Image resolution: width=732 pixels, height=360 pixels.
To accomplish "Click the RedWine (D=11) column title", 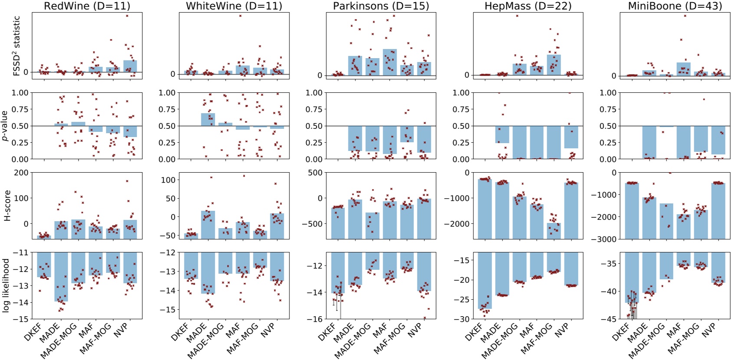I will tap(87, 6).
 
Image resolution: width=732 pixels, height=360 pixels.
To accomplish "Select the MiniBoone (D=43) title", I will tap(675, 6).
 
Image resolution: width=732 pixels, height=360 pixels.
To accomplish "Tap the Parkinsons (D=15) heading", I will tap(381, 6).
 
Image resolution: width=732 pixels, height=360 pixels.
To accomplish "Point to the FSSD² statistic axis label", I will tap(16, 46).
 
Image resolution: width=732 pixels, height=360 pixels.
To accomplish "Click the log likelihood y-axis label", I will tap(6, 285).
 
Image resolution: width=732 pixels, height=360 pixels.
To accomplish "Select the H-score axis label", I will tap(7, 206).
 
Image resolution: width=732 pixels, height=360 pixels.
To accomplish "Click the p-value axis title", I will tap(5, 126).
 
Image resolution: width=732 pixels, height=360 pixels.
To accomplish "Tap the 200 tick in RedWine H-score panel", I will tap(21, 173).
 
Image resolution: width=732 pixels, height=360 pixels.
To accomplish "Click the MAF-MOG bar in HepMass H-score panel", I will tap(554, 231).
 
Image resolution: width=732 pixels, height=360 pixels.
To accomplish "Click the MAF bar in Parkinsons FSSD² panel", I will tap(390, 62).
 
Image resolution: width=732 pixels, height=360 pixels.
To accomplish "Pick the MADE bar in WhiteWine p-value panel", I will tap(208, 120).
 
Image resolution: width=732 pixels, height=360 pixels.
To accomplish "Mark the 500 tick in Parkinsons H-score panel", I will tap(315, 173).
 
